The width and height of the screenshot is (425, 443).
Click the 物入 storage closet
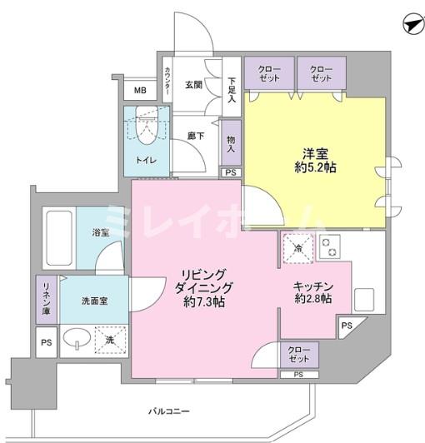(231, 143)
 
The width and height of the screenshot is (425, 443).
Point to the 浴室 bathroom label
(100, 235)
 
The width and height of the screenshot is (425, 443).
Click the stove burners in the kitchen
(329, 247)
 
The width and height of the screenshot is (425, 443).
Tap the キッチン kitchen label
(312, 285)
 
